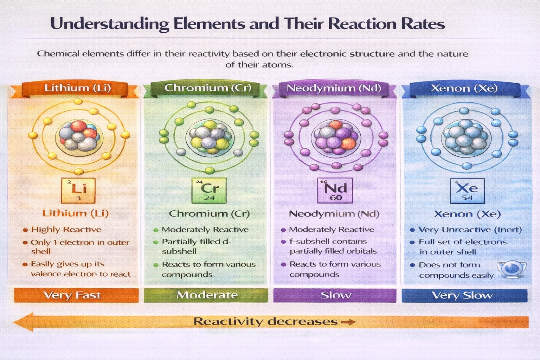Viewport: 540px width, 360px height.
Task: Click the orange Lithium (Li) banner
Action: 78,88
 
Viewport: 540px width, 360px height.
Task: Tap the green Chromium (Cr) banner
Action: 208,88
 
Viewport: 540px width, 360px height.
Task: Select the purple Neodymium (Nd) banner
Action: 334,88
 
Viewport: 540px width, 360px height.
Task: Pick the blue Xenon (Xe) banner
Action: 464,88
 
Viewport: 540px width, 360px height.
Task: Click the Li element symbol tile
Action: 78,191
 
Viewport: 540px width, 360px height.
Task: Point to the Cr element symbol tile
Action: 209,191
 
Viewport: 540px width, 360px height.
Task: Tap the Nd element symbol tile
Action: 335,191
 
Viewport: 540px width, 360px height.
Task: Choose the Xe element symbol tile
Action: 467,191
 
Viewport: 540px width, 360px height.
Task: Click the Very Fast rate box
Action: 76,295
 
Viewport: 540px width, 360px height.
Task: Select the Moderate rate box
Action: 206,295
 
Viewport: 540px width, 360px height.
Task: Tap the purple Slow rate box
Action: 335,295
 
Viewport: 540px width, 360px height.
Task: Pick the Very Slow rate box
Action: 464,295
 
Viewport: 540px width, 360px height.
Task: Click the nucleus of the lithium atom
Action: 79,136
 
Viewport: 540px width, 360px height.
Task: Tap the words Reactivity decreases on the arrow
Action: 265,321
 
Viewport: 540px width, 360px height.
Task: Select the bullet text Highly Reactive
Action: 66,230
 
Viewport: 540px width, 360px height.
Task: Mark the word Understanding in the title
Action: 110,24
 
